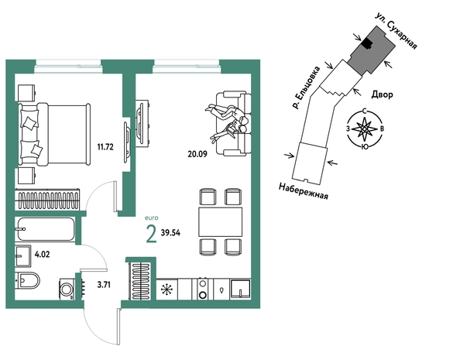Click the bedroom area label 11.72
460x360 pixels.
(105, 146)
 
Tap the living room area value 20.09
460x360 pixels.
(197, 154)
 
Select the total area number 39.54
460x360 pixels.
(170, 233)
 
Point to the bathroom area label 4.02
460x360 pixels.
(42, 254)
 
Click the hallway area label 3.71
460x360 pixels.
(104, 285)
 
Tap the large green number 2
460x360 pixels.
(151, 235)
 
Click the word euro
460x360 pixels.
(152, 218)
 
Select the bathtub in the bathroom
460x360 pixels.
(46, 229)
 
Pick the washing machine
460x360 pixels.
(67, 289)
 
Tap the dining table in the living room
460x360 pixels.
(220, 222)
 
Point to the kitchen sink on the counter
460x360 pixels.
(240, 290)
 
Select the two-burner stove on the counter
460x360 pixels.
(202, 289)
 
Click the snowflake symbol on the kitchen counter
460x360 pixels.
(166, 290)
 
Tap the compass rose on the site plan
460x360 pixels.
(365, 129)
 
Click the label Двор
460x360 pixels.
(382, 94)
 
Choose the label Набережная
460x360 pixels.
(303, 191)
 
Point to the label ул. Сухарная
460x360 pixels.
(396, 31)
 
